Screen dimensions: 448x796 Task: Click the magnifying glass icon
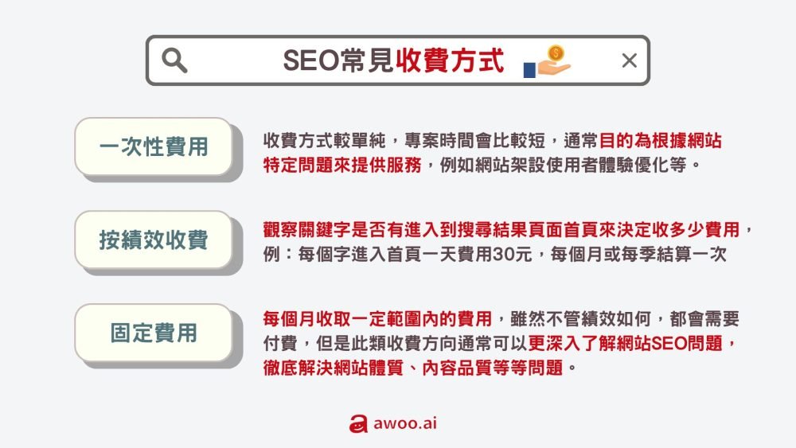[x=174, y=60]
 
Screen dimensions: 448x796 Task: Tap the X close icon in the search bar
[x=629, y=60]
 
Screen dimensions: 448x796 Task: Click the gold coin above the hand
[x=556, y=53]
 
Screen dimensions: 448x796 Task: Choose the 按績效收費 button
[x=154, y=240]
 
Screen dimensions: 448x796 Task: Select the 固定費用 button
[x=154, y=332]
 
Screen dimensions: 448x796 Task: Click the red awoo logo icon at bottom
[x=357, y=424]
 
